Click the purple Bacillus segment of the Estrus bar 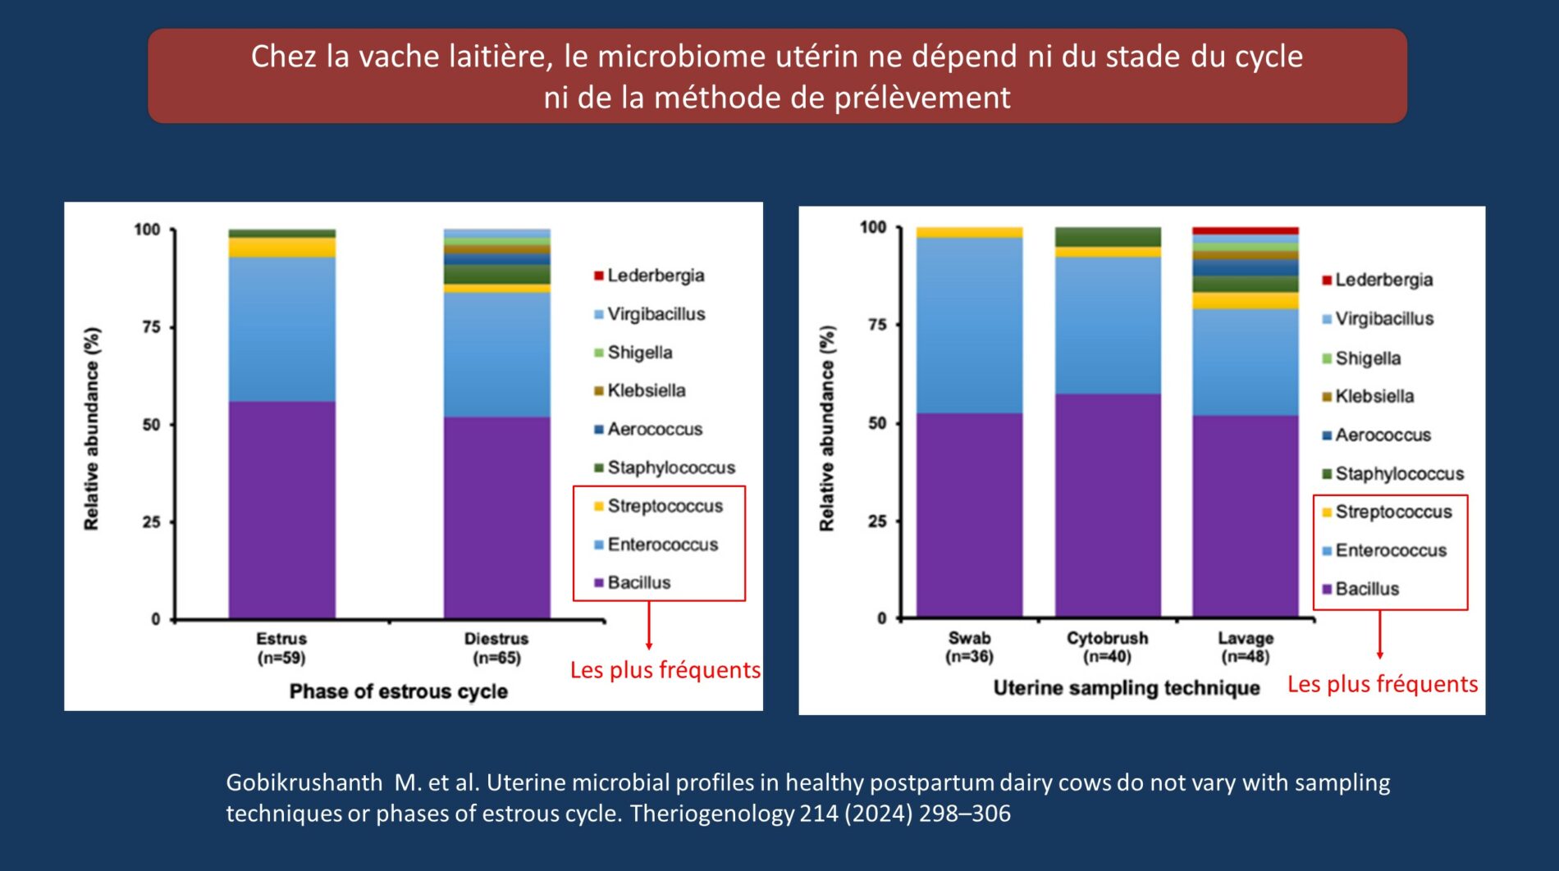click(281, 508)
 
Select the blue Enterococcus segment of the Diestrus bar click(496, 354)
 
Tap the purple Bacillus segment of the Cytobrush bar click(1108, 504)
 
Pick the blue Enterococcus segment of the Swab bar click(969, 325)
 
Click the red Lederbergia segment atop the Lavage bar click(1245, 231)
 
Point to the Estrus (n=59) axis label click(281, 648)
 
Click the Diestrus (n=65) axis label click(496, 648)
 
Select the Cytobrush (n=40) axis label click(1107, 647)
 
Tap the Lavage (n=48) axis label click(1245, 647)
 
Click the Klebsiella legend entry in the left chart click(646, 391)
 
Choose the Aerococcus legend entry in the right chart click(1383, 435)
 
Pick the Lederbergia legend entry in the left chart click(655, 276)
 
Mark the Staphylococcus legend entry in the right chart click(1399, 474)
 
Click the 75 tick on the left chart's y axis click(151, 327)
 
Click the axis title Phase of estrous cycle click(398, 691)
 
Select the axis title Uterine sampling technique click(1127, 688)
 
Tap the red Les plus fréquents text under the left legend click(665, 670)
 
